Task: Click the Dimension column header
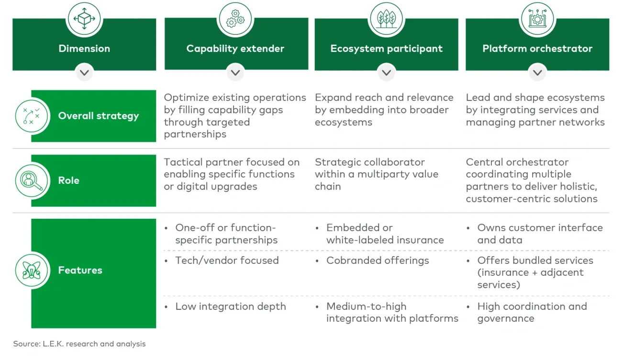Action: point(84,48)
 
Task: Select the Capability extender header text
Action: point(235,48)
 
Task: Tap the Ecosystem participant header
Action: point(386,48)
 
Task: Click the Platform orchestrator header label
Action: point(537,48)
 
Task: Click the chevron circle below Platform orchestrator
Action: point(537,73)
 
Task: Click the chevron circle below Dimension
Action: point(84,73)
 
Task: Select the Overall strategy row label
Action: point(98,116)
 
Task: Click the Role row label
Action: point(69,180)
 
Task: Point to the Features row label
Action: point(80,270)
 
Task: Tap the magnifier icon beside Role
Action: point(32,180)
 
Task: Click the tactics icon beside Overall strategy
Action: point(32,116)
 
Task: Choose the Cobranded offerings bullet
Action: point(377,260)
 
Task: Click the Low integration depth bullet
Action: point(230,306)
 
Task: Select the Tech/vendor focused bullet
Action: point(226,260)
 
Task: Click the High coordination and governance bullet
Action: point(532,312)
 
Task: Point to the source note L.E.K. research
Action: point(79,344)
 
